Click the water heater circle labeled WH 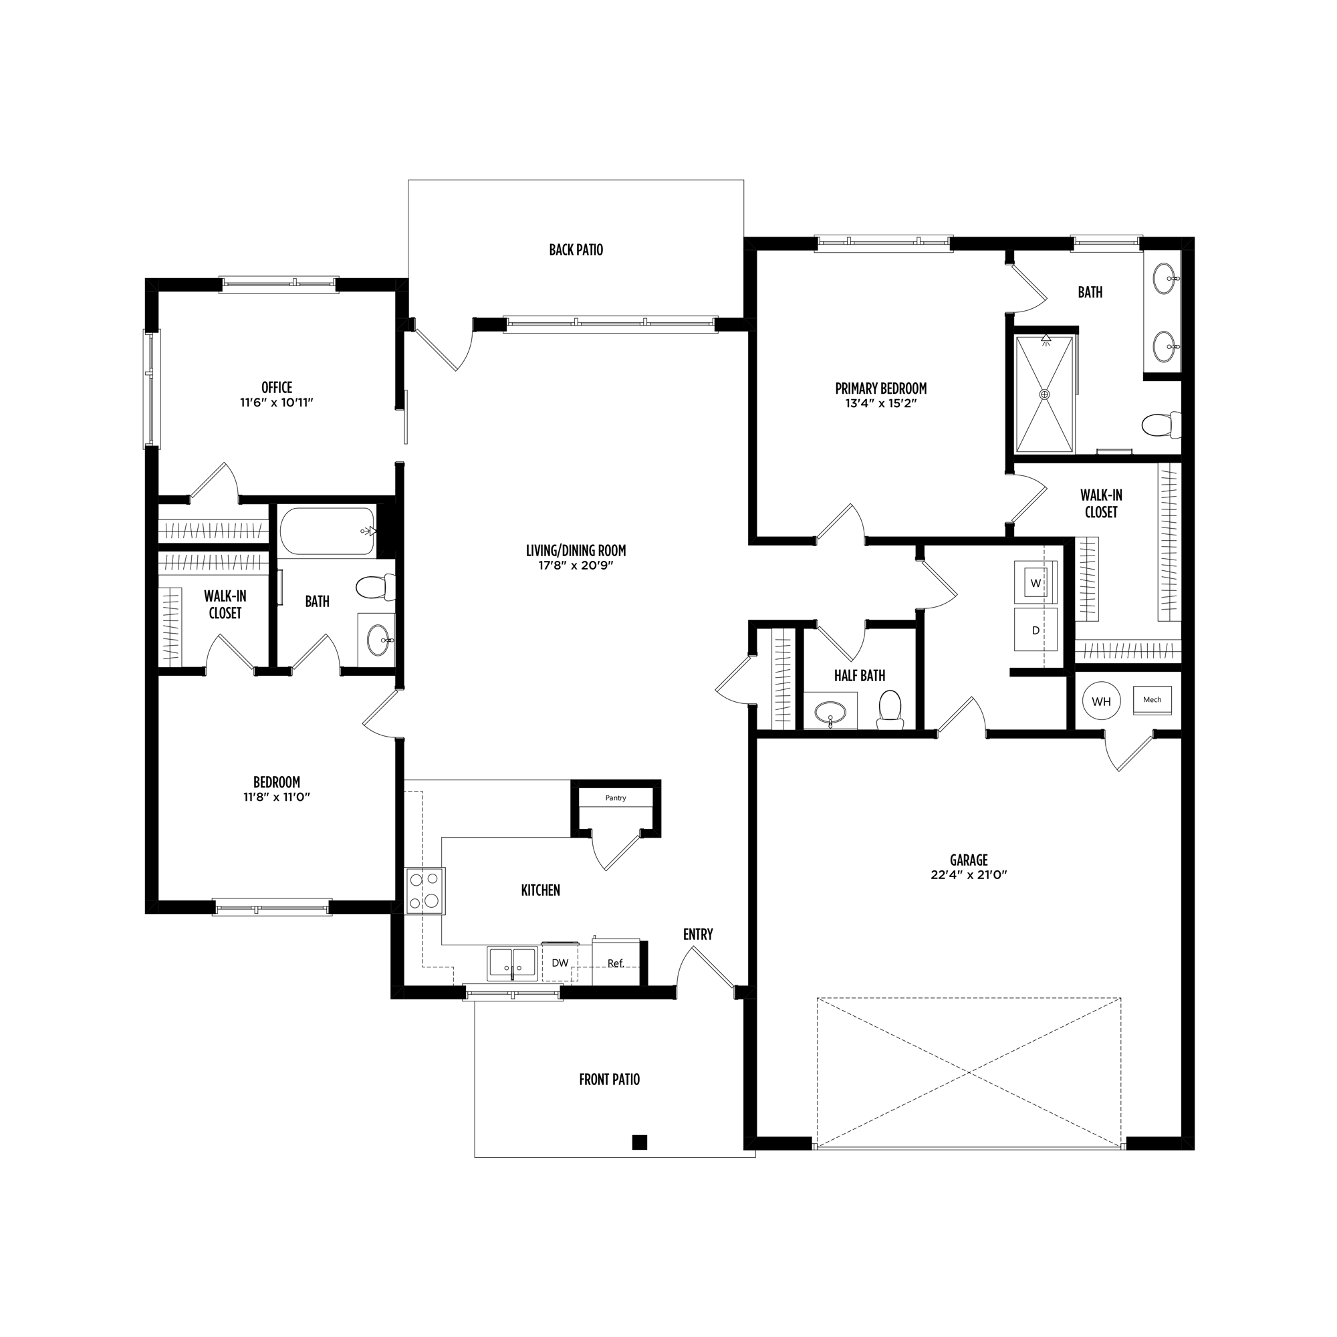coord(1101,701)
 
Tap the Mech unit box coord(1152,700)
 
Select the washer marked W coord(1036,582)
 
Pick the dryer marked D coord(1036,630)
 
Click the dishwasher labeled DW coord(560,963)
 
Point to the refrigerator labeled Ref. coord(616,962)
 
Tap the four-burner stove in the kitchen coord(425,890)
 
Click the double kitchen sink coord(512,963)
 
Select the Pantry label coord(615,798)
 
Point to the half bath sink coord(830,711)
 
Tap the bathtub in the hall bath coord(328,531)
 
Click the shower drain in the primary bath coord(1044,394)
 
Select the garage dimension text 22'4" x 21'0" coord(968,874)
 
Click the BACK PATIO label coord(576,250)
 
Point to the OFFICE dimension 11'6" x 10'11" coord(277,402)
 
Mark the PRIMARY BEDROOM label coord(880,388)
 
